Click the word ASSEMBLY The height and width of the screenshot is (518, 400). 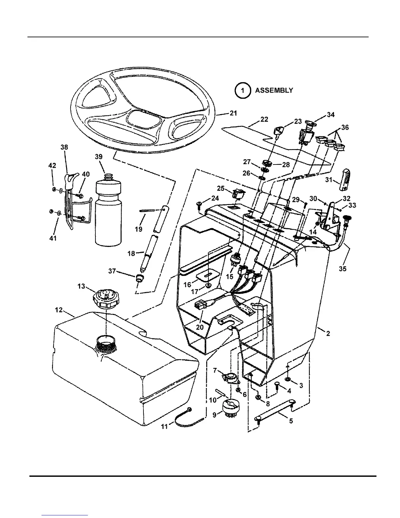(274, 90)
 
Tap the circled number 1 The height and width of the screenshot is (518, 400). (242, 91)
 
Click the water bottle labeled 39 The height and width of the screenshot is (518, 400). (108, 209)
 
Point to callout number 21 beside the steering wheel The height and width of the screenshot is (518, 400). (233, 113)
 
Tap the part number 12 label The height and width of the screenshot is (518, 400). (59, 310)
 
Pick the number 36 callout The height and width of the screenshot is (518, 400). (344, 127)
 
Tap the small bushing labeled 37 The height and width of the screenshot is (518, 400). (140, 279)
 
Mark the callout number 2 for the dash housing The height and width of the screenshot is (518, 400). (328, 333)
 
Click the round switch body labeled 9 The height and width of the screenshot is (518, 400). (230, 407)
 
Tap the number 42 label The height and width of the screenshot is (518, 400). (52, 165)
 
